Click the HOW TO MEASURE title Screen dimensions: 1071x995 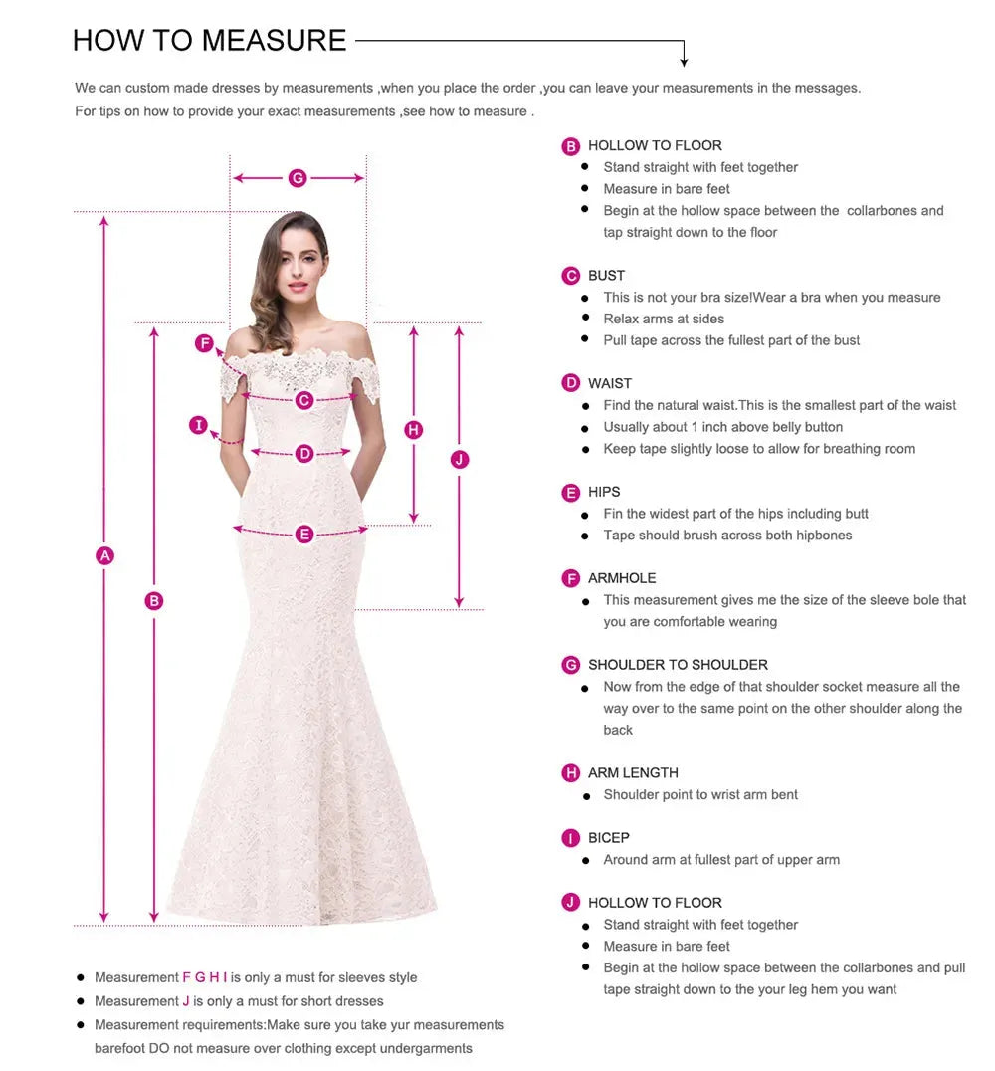pos(209,40)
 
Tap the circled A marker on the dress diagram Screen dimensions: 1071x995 pos(104,555)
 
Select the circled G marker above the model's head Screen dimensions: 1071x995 pos(297,178)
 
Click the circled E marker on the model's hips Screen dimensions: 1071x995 pos(304,535)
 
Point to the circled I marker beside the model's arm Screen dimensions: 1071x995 pos(199,426)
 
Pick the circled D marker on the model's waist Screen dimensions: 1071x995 pos(304,454)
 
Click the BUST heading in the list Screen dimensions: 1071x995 pos(606,276)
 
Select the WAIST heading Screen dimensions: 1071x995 pos(609,384)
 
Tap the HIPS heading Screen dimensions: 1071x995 pos(603,492)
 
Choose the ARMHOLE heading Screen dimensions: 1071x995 pos(621,578)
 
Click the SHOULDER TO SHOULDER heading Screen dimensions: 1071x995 pos(677,665)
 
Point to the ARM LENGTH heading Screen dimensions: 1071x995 pos(632,773)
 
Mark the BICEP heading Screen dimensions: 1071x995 pos(608,838)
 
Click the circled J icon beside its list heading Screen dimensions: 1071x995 pos(570,903)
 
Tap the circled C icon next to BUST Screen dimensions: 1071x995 pos(570,276)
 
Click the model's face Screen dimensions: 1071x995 pos(298,259)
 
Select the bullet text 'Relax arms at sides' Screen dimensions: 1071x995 pos(663,319)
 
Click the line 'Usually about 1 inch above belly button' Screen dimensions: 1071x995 pos(722,427)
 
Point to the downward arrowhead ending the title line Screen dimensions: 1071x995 pos(684,62)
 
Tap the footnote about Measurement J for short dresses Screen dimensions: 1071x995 pos(239,1001)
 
